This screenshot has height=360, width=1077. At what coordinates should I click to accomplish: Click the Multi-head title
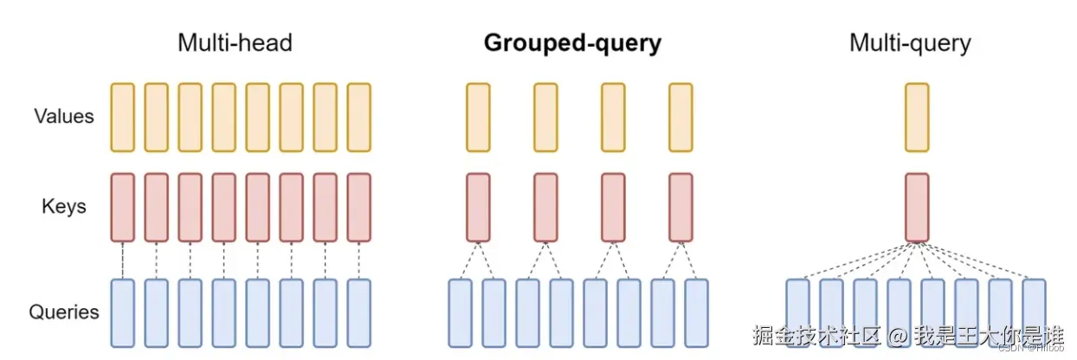(235, 43)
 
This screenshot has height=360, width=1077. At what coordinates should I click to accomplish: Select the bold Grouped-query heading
(571, 43)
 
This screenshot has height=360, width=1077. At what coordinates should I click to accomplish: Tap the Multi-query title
(910, 43)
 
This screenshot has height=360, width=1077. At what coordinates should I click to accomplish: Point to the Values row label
(64, 116)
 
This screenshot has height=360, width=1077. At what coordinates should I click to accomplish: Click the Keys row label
(62, 207)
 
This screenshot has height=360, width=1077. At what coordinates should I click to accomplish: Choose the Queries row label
(64, 312)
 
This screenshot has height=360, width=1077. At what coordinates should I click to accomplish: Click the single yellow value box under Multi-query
(917, 117)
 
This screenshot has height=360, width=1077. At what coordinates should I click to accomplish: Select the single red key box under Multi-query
(917, 207)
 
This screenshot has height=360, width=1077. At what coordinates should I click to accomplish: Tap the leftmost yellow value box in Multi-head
(123, 117)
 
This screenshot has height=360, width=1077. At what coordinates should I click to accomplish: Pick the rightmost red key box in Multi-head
(358, 207)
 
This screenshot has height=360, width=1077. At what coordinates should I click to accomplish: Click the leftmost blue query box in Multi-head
(123, 312)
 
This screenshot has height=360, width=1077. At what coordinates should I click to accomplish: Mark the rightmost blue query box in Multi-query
(1034, 312)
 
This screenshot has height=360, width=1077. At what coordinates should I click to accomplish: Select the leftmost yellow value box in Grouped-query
(478, 117)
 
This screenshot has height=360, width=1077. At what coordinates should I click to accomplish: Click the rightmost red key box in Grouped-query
(680, 207)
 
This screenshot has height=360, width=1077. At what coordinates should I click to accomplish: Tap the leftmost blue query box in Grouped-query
(461, 312)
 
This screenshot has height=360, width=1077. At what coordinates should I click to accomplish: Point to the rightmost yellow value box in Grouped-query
(680, 117)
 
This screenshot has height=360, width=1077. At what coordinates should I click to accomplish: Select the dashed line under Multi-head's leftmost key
(123, 260)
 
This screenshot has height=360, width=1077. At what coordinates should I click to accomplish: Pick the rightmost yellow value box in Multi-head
(358, 117)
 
